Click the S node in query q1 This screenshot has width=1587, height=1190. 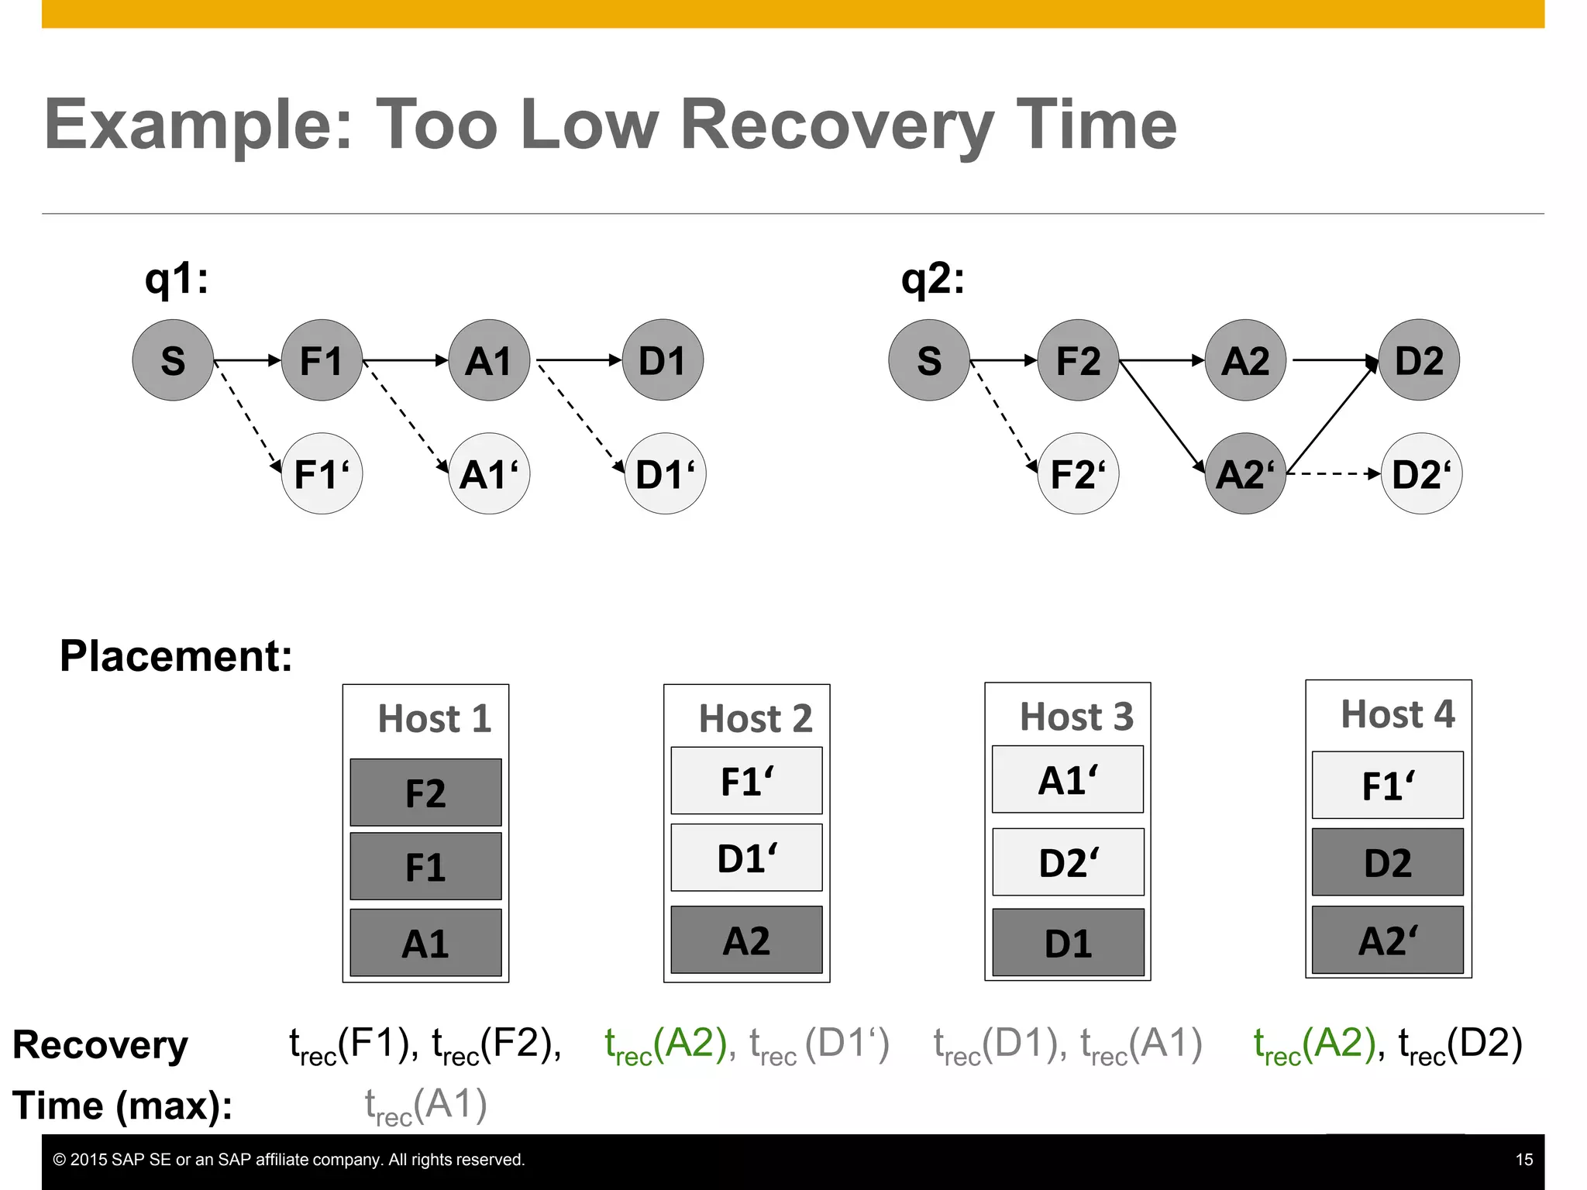(x=173, y=360)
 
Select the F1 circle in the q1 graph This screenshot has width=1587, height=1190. (x=322, y=360)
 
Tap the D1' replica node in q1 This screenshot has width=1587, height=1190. (x=665, y=473)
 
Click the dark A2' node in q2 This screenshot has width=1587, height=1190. (x=1244, y=473)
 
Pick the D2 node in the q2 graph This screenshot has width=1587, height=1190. (x=1419, y=360)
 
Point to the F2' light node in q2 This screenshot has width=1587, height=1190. (x=1078, y=473)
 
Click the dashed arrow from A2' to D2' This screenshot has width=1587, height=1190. (x=1333, y=473)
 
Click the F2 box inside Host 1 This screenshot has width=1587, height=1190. (x=425, y=793)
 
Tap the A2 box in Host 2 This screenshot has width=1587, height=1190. (x=746, y=940)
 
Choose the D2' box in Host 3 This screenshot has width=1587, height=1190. (x=1068, y=862)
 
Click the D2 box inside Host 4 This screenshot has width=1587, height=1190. (x=1387, y=862)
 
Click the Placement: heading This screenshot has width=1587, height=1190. (x=176, y=656)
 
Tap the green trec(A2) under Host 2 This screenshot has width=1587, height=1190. (x=666, y=1044)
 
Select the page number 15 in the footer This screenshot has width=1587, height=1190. (x=1523, y=1160)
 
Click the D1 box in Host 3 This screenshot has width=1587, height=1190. (x=1068, y=943)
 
